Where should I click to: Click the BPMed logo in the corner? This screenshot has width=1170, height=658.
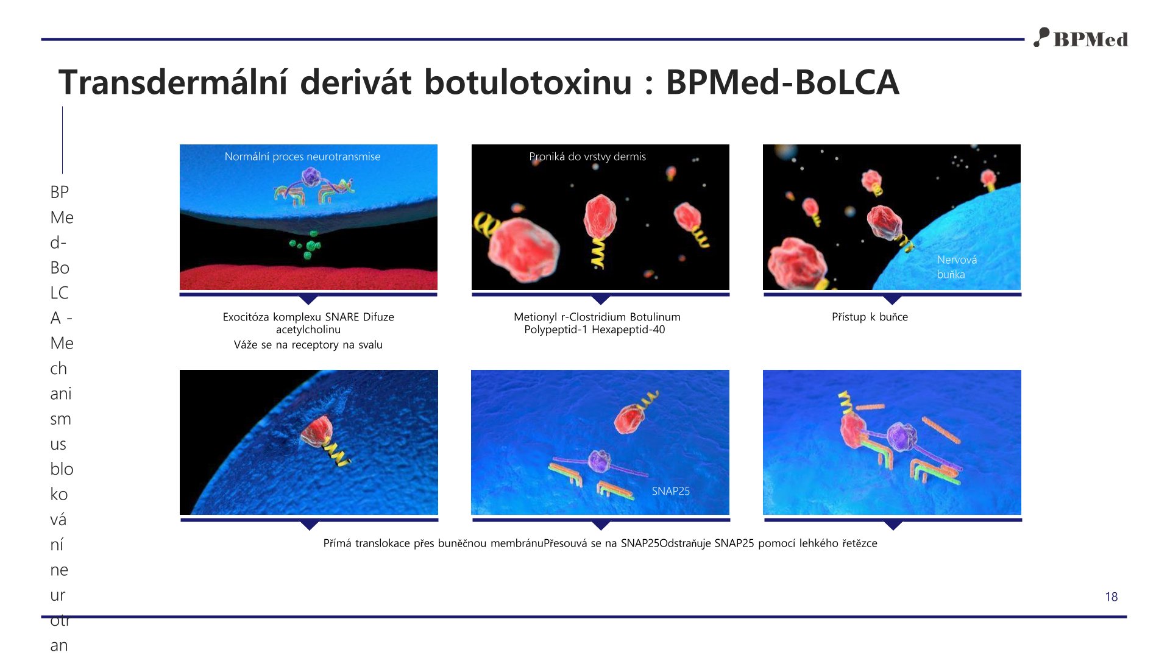[x=1080, y=38]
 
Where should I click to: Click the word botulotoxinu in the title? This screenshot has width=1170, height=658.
[x=528, y=82]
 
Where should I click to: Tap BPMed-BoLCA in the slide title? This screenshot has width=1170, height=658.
[x=782, y=82]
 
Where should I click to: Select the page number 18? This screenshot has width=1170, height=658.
[x=1111, y=597]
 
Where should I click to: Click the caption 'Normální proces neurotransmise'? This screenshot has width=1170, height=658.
[x=302, y=157]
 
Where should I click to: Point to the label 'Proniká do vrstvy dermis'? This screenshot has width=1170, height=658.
[x=587, y=157]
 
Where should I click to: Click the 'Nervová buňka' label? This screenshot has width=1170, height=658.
[x=957, y=267]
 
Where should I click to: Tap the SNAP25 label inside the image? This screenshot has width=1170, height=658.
[x=671, y=491]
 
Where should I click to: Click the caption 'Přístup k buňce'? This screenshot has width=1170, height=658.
[x=870, y=317]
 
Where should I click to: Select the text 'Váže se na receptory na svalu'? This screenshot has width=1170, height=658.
[x=308, y=345]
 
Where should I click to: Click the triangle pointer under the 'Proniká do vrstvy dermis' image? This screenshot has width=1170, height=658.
[x=601, y=299]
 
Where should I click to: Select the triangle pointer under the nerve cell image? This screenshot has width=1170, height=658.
[x=892, y=299]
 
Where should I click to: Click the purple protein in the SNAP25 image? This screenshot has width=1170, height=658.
[x=600, y=461]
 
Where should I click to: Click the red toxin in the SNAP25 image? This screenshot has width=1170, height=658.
[x=628, y=419]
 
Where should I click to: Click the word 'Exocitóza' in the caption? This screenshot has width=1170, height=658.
[x=246, y=317]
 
